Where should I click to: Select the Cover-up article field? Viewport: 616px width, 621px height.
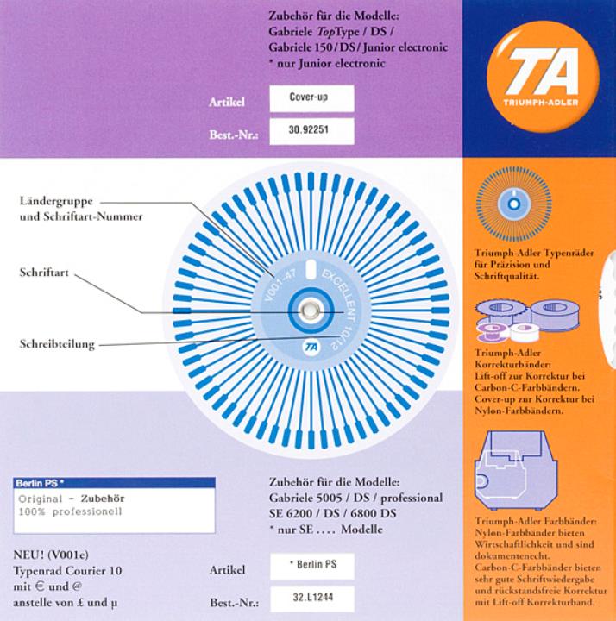311,98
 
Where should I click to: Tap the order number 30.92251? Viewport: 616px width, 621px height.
311,132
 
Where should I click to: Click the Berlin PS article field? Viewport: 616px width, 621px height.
311,566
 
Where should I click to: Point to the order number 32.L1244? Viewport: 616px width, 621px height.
311,599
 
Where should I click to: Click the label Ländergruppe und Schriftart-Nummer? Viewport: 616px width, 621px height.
80,210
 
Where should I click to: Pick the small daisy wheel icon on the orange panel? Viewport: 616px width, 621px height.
513,204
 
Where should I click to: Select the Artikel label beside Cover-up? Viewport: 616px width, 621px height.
227,103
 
